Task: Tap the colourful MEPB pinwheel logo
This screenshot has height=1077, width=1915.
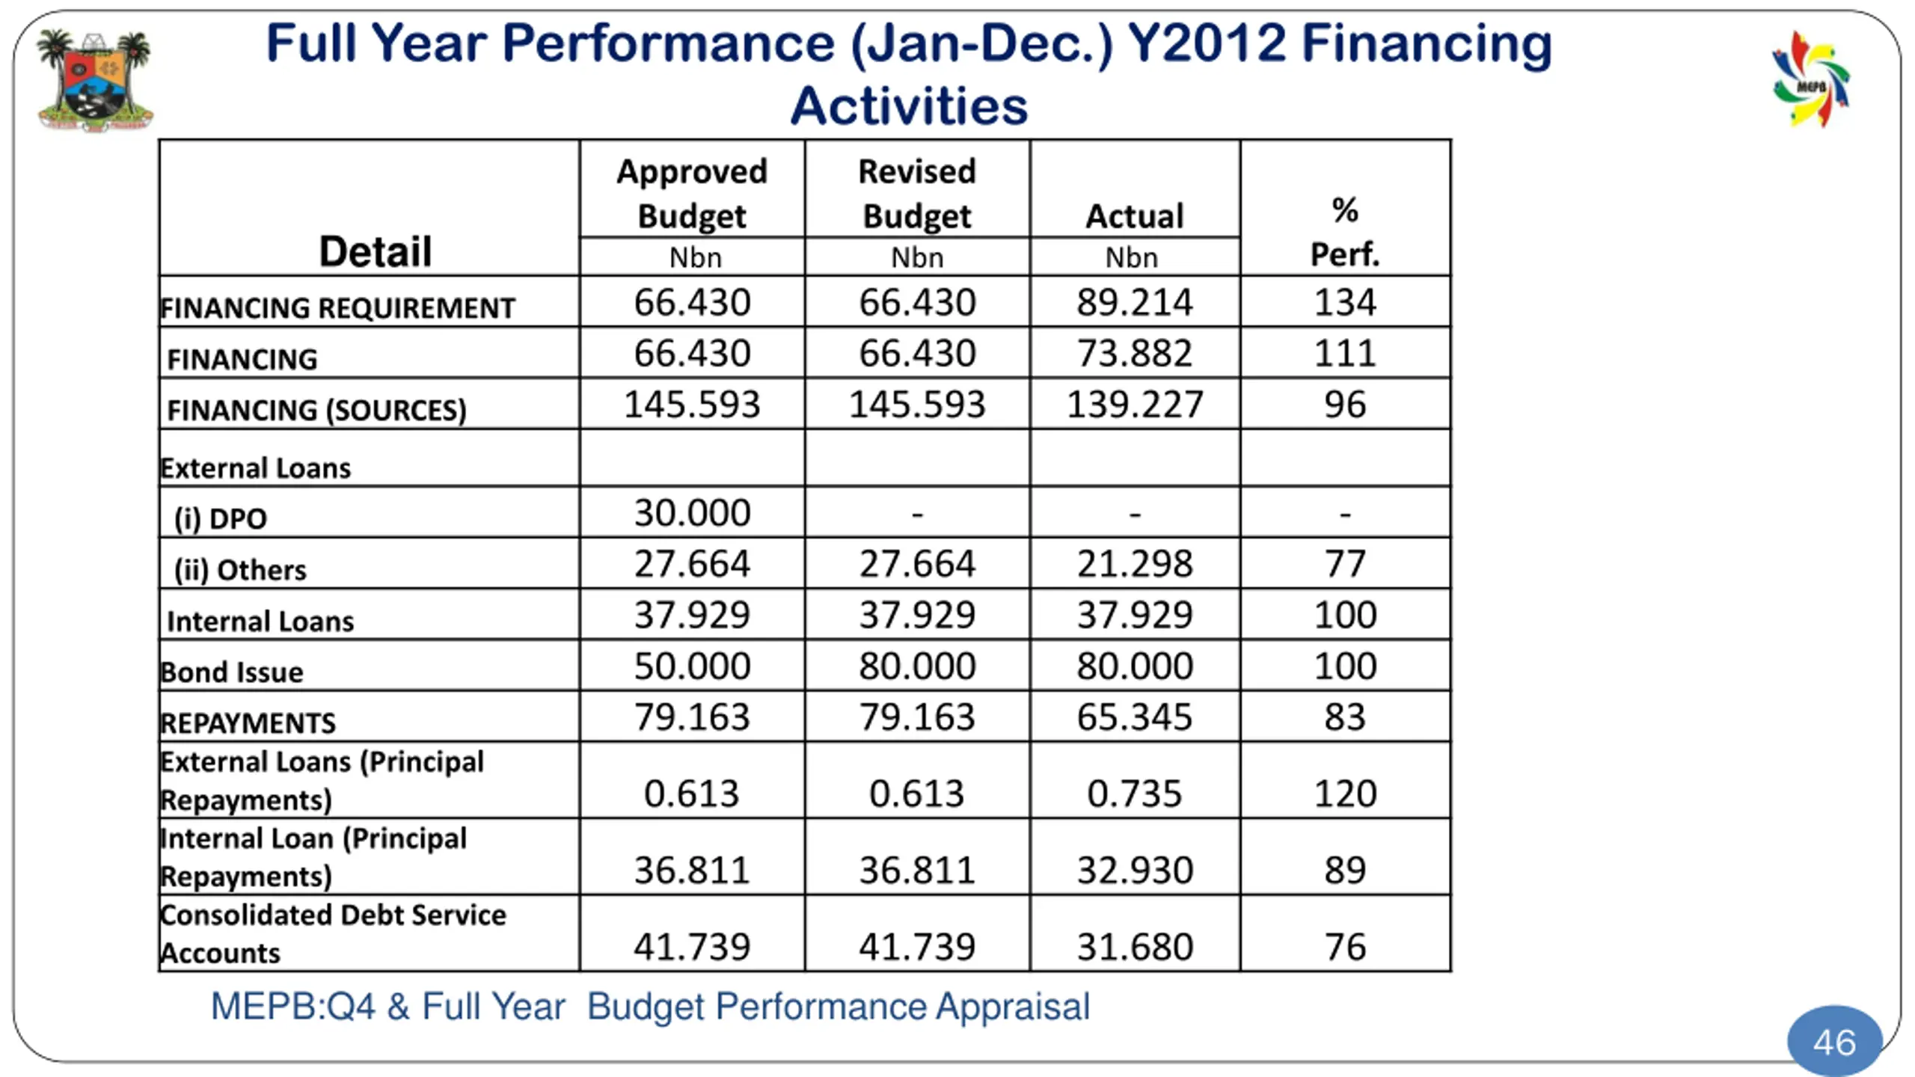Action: [1811, 80]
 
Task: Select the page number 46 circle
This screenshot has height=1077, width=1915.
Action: [1834, 1042]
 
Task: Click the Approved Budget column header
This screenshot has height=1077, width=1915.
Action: [692, 194]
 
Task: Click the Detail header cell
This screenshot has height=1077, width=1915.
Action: [375, 251]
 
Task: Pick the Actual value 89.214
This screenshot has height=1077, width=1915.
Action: [1134, 303]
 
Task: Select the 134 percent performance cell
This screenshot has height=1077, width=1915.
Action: [1344, 303]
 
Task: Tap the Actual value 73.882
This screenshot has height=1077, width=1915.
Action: [1134, 353]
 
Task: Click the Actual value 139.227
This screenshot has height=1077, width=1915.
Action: [1134, 405]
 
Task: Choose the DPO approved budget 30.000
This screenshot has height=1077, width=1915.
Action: [692, 513]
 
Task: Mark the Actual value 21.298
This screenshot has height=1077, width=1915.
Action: [1134, 564]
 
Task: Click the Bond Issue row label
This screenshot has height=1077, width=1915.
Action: [233, 672]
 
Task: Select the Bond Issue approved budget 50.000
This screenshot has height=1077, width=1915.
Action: [692, 666]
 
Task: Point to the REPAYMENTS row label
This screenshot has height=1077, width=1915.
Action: [248, 722]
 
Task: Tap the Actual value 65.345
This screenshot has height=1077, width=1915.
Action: [1134, 717]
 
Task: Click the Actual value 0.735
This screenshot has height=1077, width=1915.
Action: [1134, 794]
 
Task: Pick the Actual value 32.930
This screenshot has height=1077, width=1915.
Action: [1134, 870]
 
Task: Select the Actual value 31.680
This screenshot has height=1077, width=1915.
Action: [1134, 947]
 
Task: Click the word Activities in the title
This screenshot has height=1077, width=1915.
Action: [909, 106]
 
